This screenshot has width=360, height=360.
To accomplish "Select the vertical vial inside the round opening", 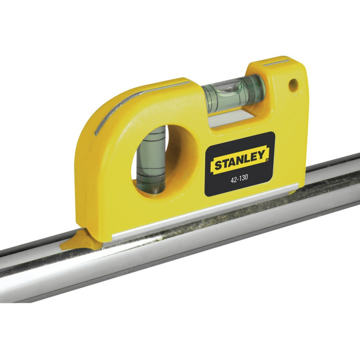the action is click(150, 160).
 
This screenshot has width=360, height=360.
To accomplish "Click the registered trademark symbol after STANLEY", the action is click(267, 160).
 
